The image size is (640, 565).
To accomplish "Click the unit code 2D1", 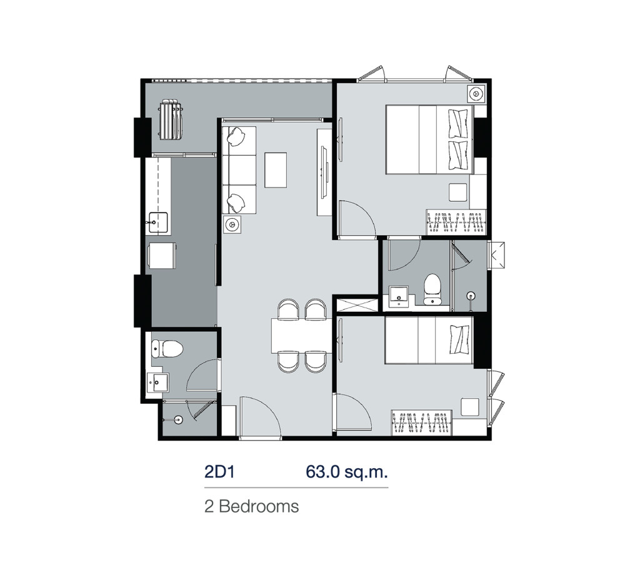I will coord(219,471).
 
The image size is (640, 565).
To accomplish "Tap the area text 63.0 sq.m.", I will coord(342,471).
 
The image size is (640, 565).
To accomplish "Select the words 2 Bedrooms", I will coord(251,506).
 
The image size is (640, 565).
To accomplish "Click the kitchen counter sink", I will coord(157,220).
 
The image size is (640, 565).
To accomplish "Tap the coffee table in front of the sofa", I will coord(275,169).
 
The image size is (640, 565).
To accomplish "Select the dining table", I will coord(300,336).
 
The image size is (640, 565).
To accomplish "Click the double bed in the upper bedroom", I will coord(427,139).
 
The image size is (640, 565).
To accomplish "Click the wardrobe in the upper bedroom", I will coord(456,222).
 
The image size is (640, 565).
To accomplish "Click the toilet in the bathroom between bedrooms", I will coord(432,288).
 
